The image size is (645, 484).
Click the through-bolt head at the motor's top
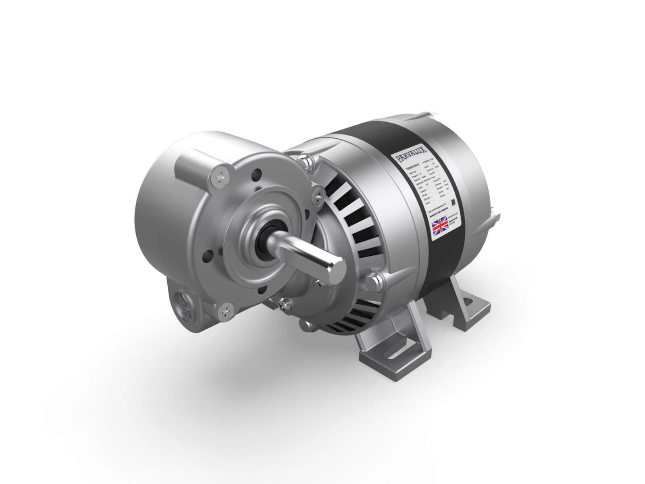point(308,162)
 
